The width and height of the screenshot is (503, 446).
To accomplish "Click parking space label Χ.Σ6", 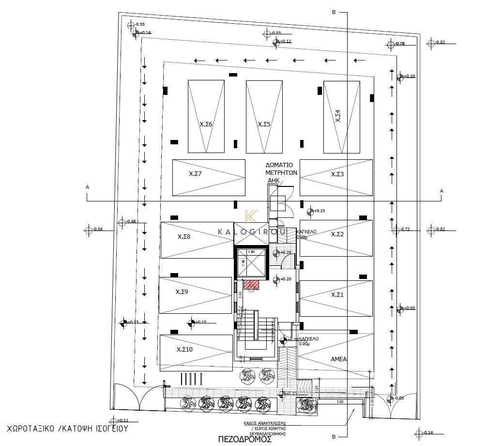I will click(x=206, y=124).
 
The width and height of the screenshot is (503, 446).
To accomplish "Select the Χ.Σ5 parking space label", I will click(x=264, y=124).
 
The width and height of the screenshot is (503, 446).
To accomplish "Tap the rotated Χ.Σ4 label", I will click(x=338, y=116).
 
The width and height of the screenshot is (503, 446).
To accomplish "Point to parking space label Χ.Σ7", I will click(x=196, y=173).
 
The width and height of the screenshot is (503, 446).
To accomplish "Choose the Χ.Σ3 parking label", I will click(x=337, y=174).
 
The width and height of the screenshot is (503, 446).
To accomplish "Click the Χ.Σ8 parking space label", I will click(x=183, y=237).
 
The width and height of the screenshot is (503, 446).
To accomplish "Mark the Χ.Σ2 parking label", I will click(x=337, y=234).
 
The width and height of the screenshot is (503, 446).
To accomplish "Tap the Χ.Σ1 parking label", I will click(x=337, y=294).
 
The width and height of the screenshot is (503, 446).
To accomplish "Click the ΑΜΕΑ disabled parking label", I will click(x=338, y=359).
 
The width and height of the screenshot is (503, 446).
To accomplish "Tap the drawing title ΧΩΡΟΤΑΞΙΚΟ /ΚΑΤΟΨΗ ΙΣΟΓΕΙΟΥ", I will click(x=68, y=429).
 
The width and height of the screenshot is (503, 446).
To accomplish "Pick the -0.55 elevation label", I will click(x=140, y=24).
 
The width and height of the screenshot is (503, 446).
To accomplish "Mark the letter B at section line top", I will click(x=333, y=13).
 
